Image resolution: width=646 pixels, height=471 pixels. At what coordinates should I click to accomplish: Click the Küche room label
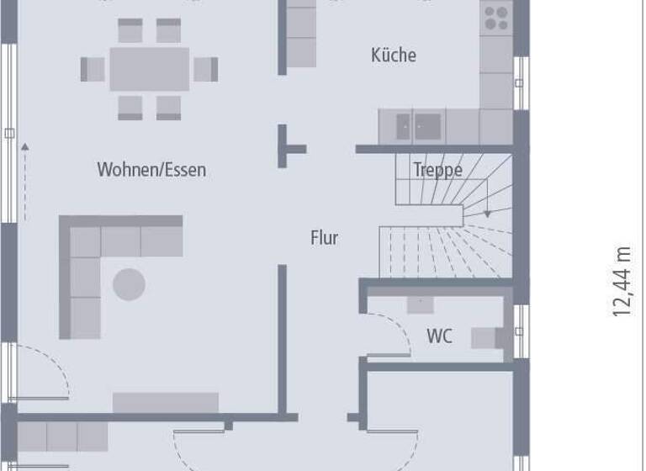coord(394,56)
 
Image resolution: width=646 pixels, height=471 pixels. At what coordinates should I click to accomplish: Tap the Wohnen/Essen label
coord(151,170)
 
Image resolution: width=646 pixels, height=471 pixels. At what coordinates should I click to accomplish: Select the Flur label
coord(324,238)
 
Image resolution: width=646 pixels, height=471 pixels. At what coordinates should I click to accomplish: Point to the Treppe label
coord(437,170)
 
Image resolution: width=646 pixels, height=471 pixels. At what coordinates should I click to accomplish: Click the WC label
coord(439,337)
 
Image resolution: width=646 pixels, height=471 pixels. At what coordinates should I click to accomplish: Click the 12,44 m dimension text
coord(622,281)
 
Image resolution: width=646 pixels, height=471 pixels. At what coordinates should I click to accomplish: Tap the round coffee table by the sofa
coord(129,284)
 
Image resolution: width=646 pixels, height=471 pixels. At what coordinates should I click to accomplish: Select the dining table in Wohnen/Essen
coord(150,69)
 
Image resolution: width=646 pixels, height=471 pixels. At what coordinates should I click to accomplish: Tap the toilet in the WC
coord(486,337)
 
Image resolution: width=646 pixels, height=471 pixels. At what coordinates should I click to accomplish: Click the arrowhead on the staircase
coord(487,215)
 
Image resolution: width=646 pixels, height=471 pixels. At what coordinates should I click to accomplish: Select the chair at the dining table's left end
coord(93,69)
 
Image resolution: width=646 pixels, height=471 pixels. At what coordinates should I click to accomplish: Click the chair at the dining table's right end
coord(206,69)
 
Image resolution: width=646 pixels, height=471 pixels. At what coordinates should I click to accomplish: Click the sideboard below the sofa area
coord(166,403)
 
